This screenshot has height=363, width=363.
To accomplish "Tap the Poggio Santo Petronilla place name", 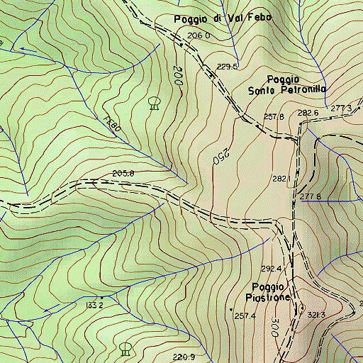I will point(286,84).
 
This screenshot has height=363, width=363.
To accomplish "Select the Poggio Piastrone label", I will point(267,291).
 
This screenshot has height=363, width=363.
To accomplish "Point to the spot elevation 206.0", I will point(199,35).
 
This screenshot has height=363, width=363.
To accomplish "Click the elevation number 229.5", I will point(227,67).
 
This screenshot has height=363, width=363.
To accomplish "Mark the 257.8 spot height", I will point(274,116).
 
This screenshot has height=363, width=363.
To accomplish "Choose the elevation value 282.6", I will point(308,113).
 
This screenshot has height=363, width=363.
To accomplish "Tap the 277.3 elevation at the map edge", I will point(341,108).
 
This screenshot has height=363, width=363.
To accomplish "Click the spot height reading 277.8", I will point(311,196).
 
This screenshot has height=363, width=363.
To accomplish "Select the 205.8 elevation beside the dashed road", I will point(123,174).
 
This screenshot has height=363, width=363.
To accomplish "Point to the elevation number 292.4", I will point(272,269).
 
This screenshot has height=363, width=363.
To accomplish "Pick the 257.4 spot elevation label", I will point(245,315).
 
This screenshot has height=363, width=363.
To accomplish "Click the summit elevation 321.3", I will point(317,315).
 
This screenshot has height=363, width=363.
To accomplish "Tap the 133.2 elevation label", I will point(95,305).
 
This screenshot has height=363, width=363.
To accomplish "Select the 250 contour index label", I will point(219,155).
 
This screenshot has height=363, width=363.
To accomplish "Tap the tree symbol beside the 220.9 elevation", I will point(125,348).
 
